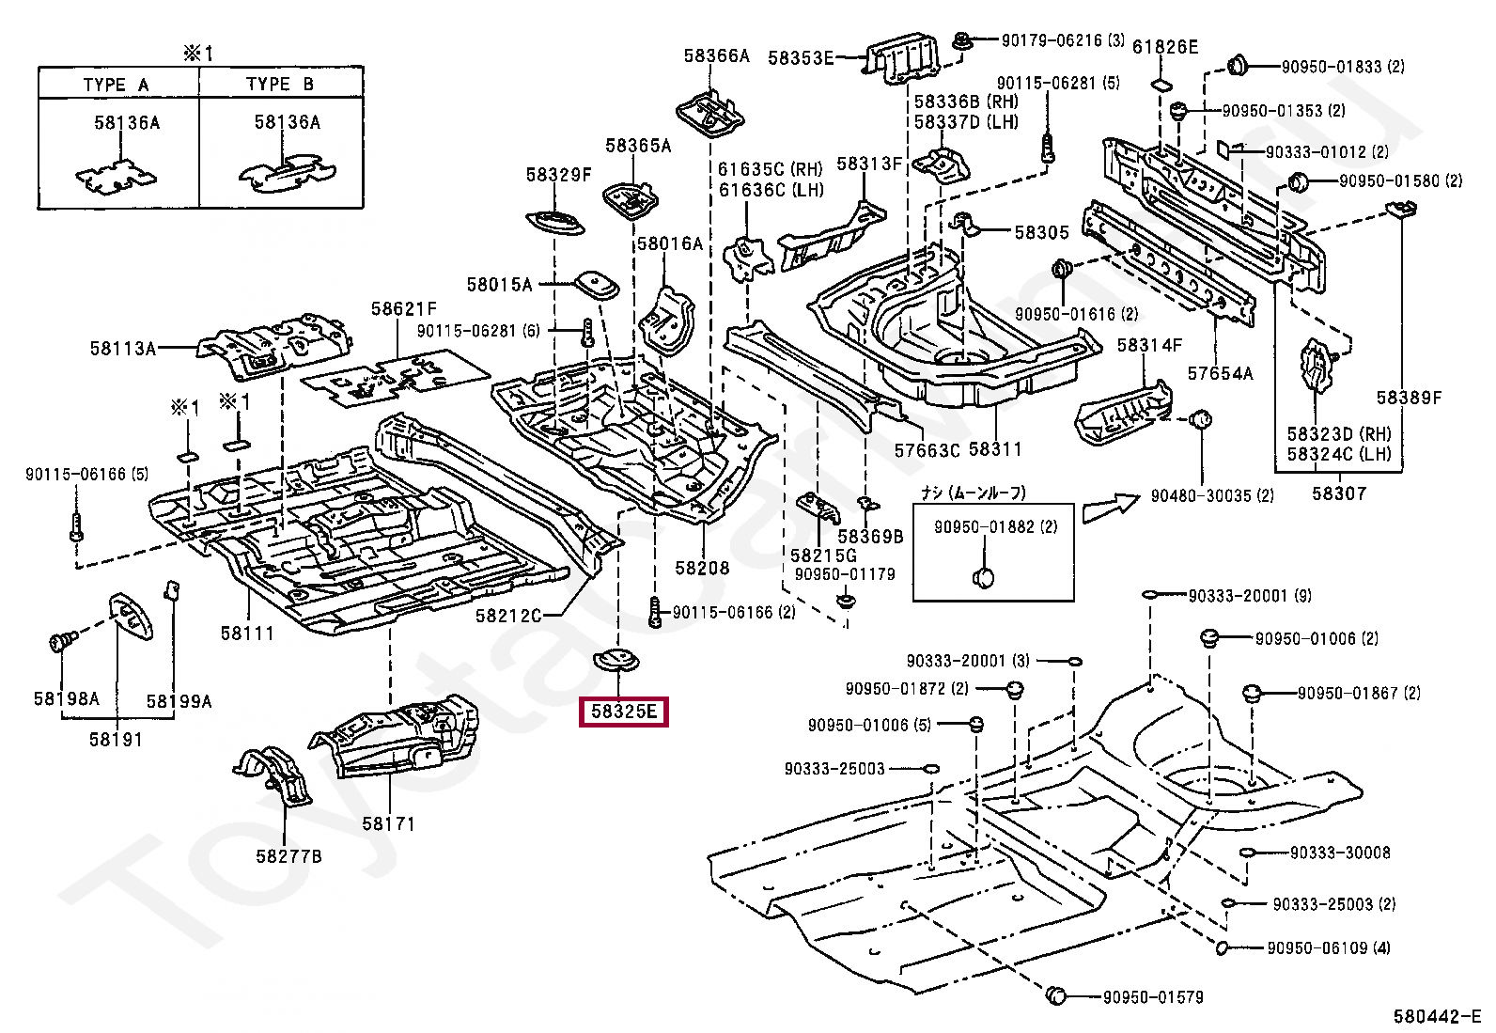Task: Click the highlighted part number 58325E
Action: tap(624, 712)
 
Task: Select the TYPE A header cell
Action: tap(117, 84)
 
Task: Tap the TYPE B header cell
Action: tap(280, 84)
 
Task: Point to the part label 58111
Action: tap(247, 633)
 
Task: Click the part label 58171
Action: tap(388, 823)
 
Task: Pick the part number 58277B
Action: tap(288, 855)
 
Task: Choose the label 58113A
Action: tap(123, 348)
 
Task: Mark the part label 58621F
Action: tap(403, 308)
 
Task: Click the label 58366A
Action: tap(717, 56)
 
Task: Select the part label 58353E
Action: tap(801, 57)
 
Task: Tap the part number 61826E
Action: tap(1165, 46)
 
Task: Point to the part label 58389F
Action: tap(1409, 397)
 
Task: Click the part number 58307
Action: tap(1339, 493)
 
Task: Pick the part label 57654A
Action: tap(1220, 373)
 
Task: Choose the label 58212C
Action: tap(508, 615)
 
